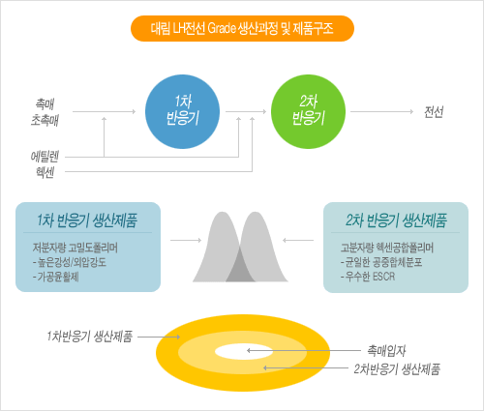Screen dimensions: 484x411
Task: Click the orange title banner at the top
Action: coord(242,28)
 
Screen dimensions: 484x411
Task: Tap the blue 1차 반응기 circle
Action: coord(182,111)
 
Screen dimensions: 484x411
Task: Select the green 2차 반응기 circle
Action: coord(308,111)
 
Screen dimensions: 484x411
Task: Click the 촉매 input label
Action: coord(45,103)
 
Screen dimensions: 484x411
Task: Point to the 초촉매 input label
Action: coord(45,120)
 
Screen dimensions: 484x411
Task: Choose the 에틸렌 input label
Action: coord(45,157)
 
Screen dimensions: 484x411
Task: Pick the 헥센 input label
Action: coord(45,172)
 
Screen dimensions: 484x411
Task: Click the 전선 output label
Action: coord(434,112)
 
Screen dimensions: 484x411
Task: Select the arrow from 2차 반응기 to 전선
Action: coord(381,111)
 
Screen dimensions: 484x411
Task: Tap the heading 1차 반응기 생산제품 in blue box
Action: coord(87,220)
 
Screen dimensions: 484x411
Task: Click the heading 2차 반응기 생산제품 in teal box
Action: coord(396,220)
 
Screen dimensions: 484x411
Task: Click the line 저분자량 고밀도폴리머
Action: coord(76,248)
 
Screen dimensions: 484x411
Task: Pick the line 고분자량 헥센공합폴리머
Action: coord(387,248)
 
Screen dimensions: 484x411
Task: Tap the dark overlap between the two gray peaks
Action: coord(240,269)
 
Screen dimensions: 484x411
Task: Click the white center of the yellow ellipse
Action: coord(244,351)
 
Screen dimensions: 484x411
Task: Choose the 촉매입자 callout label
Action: coord(386,351)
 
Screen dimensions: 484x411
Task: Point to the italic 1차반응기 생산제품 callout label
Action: coord(89,337)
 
